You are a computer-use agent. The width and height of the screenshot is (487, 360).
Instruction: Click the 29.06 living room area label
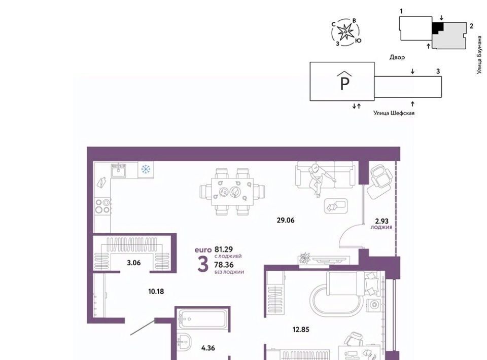pos(286,221)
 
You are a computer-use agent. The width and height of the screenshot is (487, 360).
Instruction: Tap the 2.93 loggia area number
pos(381,221)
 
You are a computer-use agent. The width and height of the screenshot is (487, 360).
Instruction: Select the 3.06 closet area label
pos(133,263)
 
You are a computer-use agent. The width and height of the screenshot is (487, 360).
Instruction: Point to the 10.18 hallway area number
pos(156,292)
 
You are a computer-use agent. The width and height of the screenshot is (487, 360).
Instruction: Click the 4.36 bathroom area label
pos(208,348)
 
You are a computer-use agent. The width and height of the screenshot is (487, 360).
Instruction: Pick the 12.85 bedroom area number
pos(301,329)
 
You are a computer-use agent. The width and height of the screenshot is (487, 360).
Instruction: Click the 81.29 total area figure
pos(224,249)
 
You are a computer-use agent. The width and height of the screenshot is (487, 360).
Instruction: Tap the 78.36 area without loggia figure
pos(224,265)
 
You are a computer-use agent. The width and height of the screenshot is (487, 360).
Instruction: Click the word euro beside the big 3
pos(203,250)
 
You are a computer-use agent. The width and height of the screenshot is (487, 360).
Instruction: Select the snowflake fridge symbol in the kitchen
pos(146,169)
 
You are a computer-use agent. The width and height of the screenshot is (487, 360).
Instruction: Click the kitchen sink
pos(118,170)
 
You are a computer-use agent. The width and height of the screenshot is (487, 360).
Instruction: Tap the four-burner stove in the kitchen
pos(103,206)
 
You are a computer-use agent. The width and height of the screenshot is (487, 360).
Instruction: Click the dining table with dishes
pos(232,192)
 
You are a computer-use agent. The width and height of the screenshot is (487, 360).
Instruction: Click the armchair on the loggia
pos(380,182)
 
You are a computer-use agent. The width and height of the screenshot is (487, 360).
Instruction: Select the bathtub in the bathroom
pos(202,319)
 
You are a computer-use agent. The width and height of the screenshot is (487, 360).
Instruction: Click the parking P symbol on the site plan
pos(345,80)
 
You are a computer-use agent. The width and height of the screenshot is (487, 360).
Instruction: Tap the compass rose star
pos(345,32)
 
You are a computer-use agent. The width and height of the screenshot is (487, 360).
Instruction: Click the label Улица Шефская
pos(394,113)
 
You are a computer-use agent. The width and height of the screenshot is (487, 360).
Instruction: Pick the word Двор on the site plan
pos(397,57)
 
